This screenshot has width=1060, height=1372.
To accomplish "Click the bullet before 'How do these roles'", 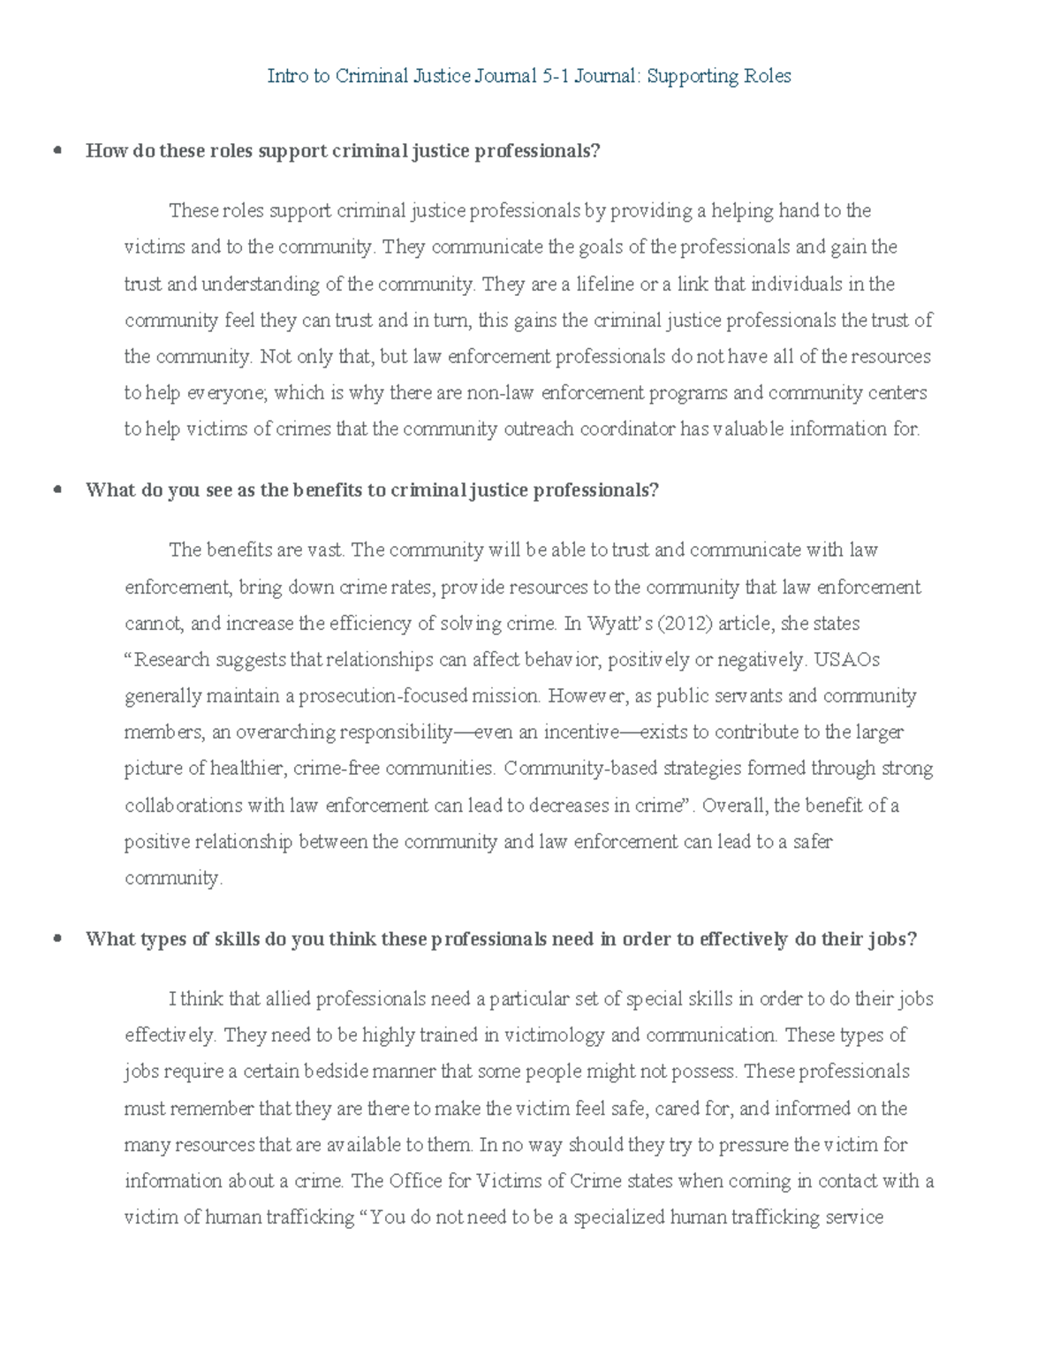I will coord(58,150).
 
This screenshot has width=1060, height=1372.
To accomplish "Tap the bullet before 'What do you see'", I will coord(58,489).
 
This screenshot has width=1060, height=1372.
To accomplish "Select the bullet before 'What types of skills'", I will coord(58,938).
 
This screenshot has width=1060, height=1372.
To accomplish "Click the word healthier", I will coord(246,769).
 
